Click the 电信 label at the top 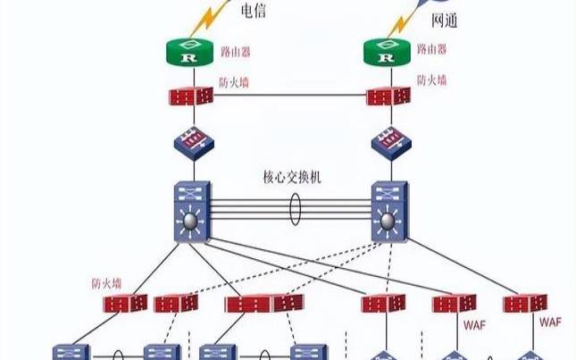[x=254, y=12]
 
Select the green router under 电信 [x=188, y=54]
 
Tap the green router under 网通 [x=387, y=54]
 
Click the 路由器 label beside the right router [x=430, y=50]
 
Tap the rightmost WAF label [x=551, y=320]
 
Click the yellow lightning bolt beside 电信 [x=215, y=16]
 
